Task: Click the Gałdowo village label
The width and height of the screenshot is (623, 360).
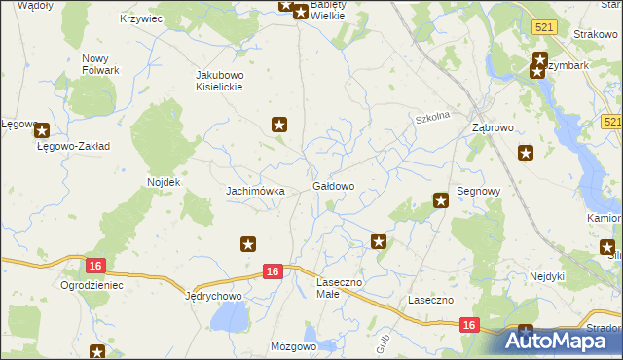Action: pos(333,185)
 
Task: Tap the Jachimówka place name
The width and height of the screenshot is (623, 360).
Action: pos(255,191)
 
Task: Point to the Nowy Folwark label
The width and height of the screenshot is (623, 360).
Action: pos(100,64)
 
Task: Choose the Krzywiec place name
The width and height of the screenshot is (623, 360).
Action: pos(140,18)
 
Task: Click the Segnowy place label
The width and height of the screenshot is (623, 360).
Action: pos(478,192)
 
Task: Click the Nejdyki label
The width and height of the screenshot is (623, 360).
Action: pos(547,275)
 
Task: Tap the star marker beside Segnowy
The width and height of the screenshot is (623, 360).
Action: pos(440,200)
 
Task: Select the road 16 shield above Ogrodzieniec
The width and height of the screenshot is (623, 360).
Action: pos(94,266)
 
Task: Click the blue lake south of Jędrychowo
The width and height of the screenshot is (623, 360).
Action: pos(231,317)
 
